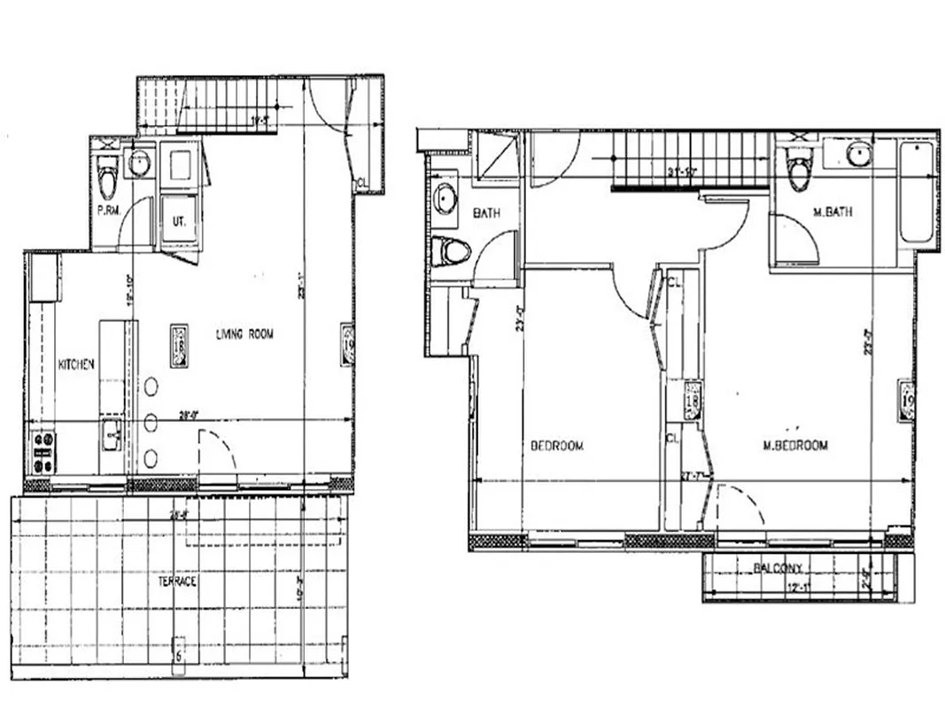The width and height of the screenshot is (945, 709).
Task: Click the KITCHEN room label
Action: coord(77,364)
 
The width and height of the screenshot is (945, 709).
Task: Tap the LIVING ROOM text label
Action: coord(245,334)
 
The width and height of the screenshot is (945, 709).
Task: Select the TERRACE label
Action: coord(177,582)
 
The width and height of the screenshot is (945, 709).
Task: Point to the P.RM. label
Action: coord(109,211)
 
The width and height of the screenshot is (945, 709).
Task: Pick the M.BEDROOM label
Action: coord(795,446)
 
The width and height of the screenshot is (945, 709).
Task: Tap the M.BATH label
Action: coord(832,212)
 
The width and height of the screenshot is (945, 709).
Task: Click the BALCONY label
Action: coord(778,567)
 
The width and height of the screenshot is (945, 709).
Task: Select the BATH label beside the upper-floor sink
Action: coord(487,214)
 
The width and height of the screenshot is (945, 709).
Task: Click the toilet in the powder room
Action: coord(107,175)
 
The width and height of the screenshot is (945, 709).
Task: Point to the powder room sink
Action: coord(140,162)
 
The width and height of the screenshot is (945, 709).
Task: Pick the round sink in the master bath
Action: coord(857,154)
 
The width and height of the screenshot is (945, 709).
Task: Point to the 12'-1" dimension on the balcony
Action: coord(798,587)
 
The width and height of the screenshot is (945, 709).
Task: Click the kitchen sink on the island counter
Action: coord(109,434)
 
